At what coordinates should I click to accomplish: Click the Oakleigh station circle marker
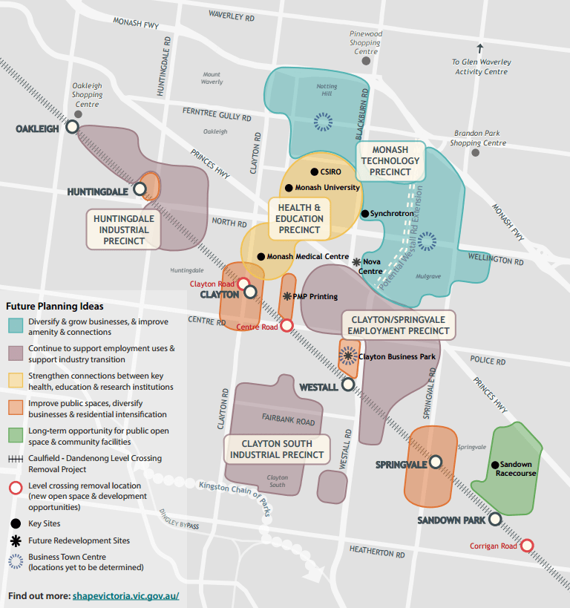pyautogui.click(x=72, y=127)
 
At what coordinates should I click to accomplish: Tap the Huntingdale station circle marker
pyautogui.click(x=140, y=191)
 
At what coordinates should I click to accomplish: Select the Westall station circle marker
pyautogui.click(x=347, y=385)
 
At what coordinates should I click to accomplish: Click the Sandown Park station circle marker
pyautogui.click(x=495, y=520)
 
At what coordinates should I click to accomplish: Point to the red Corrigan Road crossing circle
pyautogui.click(x=527, y=546)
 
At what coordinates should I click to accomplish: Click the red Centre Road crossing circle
pyautogui.click(x=286, y=325)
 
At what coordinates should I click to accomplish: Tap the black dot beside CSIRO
pyautogui.click(x=314, y=172)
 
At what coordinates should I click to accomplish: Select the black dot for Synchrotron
pyautogui.click(x=364, y=214)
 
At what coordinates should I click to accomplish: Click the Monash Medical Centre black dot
pyautogui.click(x=261, y=257)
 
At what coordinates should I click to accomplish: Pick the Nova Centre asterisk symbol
pyautogui.click(x=356, y=262)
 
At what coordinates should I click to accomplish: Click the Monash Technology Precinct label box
pyautogui.click(x=390, y=160)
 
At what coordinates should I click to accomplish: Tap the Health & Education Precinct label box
pyautogui.click(x=300, y=219)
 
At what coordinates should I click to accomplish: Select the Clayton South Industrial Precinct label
pyautogui.click(x=277, y=449)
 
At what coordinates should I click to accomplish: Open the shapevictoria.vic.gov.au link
pyautogui.click(x=125, y=595)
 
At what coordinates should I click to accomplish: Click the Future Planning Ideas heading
pyautogui.click(x=55, y=306)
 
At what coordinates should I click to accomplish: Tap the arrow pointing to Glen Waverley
pyautogui.click(x=480, y=49)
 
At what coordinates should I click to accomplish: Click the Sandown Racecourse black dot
pyautogui.click(x=494, y=465)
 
